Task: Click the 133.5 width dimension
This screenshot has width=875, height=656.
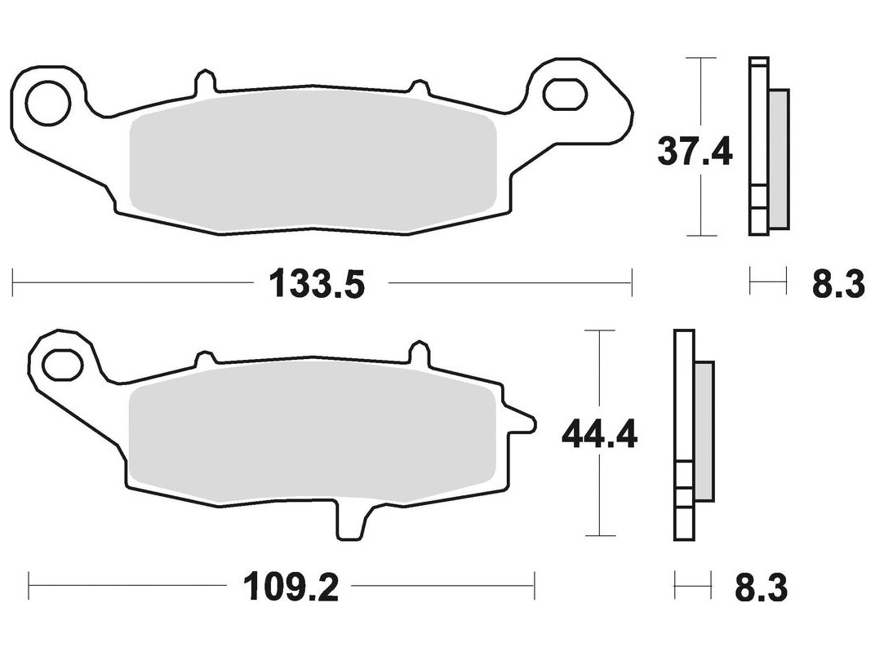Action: coord(317,284)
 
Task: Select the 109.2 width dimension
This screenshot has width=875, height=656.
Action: coord(291,587)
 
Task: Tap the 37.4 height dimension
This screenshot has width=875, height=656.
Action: coord(694,151)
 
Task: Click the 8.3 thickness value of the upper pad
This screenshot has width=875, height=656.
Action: coord(838,284)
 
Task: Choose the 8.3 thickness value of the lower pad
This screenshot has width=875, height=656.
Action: coord(762,587)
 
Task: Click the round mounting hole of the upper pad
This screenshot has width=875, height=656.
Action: coord(47,103)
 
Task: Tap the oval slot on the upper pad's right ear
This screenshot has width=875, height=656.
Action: coord(565,94)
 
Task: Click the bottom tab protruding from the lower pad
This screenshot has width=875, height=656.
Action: coord(352,520)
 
